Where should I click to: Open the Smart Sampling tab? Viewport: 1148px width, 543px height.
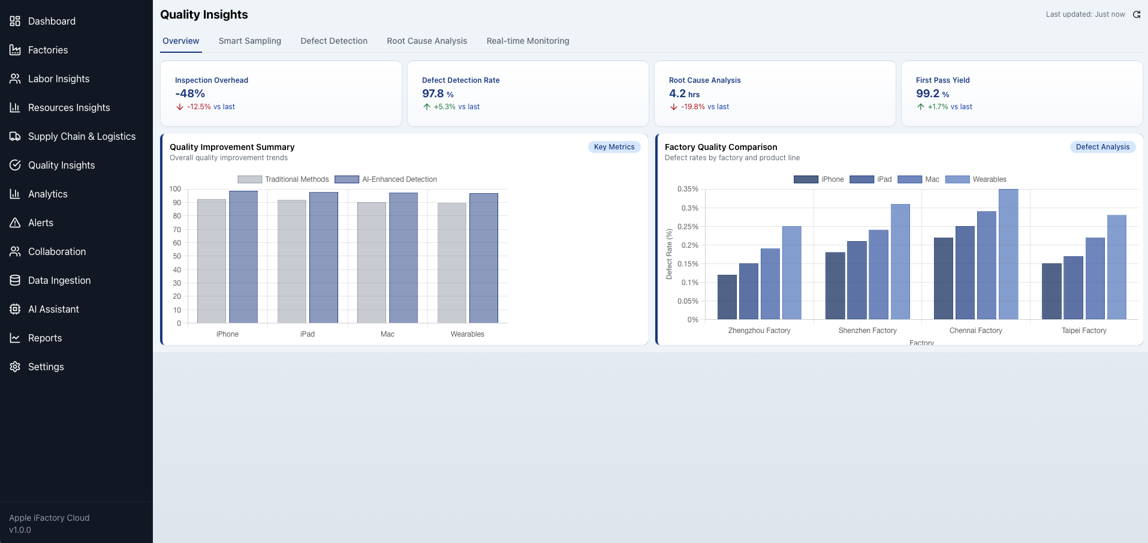[249, 41]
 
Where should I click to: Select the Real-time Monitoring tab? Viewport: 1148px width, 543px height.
[528, 41]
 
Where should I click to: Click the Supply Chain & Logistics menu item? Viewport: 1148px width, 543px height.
[82, 136]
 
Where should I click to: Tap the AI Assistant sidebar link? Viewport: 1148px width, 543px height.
[53, 309]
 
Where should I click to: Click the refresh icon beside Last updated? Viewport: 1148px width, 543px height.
[1137, 14]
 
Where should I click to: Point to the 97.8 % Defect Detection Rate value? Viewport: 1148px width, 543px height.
[438, 94]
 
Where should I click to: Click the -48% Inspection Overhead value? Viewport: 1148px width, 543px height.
[190, 94]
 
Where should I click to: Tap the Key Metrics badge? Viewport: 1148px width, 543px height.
[614, 147]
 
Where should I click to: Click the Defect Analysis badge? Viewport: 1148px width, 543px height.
[1102, 147]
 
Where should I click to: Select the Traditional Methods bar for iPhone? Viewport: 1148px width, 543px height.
[212, 261]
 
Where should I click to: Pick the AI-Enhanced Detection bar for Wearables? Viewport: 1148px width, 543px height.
[484, 258]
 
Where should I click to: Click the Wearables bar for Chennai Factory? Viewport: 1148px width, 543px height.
[1008, 254]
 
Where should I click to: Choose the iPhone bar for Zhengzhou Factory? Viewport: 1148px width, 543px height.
[727, 297]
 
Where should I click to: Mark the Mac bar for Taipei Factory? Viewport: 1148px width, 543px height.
[1095, 278]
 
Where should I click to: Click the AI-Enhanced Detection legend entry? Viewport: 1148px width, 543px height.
[385, 179]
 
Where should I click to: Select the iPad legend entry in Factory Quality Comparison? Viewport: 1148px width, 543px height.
[870, 179]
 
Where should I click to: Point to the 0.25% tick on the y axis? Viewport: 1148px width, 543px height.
[688, 227]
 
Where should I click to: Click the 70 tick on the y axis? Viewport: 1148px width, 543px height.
[177, 230]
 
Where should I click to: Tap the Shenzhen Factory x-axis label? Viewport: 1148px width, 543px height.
[867, 331]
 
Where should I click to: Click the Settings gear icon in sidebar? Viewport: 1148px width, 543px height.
[15, 367]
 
